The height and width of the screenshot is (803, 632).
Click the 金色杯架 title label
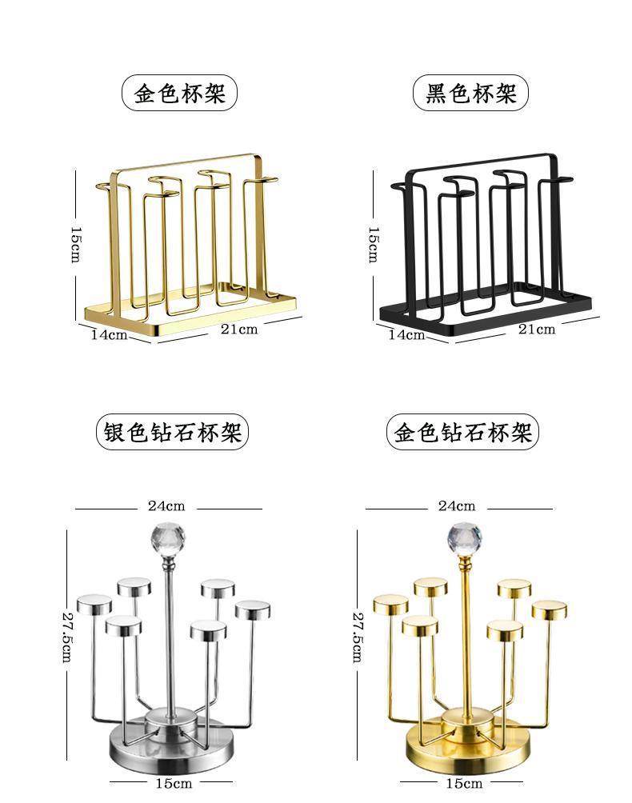coord(180,94)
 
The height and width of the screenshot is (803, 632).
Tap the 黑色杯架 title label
coord(470,94)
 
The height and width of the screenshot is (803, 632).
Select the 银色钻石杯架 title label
coord(172,433)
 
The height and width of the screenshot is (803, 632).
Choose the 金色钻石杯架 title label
coord(463,433)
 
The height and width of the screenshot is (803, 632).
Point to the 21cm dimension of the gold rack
coord(239,330)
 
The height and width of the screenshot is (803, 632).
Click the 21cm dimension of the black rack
coord(536,330)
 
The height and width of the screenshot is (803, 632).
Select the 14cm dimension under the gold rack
coord(108,334)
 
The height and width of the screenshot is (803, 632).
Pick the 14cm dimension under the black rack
coord(406,334)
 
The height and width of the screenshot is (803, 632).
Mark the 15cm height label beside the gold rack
coord(74,243)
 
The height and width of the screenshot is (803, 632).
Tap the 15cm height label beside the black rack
coord(373,243)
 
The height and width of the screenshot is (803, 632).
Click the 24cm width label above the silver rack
coord(166,506)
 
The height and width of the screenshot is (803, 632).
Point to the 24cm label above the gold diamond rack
coord(457,506)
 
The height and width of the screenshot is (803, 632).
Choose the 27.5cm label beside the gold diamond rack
coord(358,637)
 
